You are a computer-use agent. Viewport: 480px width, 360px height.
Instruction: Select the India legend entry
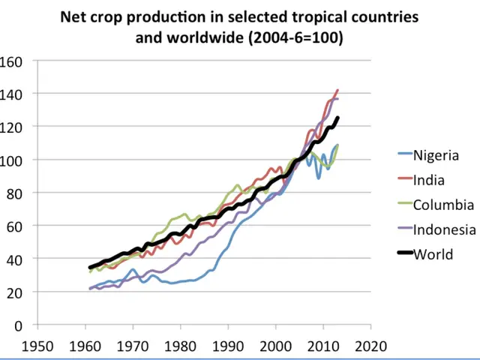tap(429, 180)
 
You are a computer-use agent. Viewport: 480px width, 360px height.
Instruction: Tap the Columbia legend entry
tap(442, 205)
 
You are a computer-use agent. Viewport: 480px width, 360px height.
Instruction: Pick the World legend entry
tap(433, 254)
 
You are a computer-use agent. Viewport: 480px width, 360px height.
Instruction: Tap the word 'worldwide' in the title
tap(205, 37)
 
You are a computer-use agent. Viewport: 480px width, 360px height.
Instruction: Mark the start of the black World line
tap(91, 268)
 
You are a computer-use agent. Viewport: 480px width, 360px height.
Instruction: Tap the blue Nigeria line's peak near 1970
tap(133, 269)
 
